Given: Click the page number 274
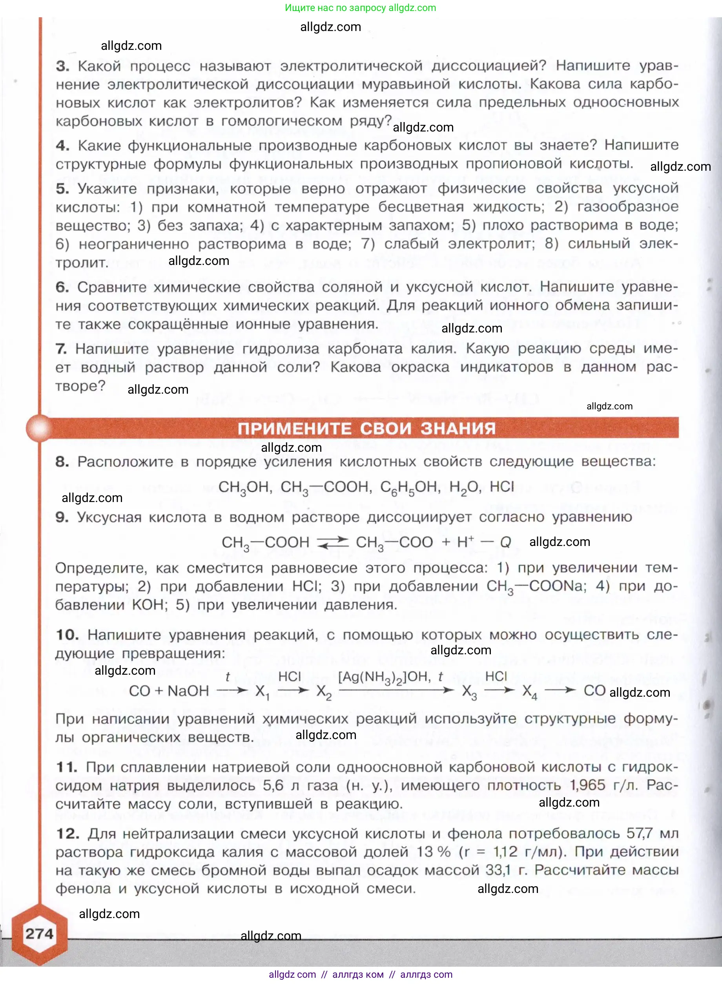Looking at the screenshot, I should pos(39,934).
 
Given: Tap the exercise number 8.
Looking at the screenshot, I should pos(62,462).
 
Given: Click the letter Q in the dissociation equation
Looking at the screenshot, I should pos(505,542).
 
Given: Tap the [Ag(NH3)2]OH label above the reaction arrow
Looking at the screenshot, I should pos(385,677).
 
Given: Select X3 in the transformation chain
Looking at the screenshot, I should pos(469,692).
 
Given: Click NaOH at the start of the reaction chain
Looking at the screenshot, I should pos(188,691).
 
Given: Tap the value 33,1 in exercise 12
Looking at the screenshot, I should pos(498,870).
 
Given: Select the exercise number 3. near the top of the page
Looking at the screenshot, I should pos(62,66).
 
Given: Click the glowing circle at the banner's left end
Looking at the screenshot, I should pos(39,428).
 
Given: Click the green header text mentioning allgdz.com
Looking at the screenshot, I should pos(360,8).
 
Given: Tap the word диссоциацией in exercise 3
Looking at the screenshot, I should pos(489,66).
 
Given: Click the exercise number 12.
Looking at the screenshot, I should pos(67,834).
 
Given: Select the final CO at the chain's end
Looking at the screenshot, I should pos(594,691).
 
